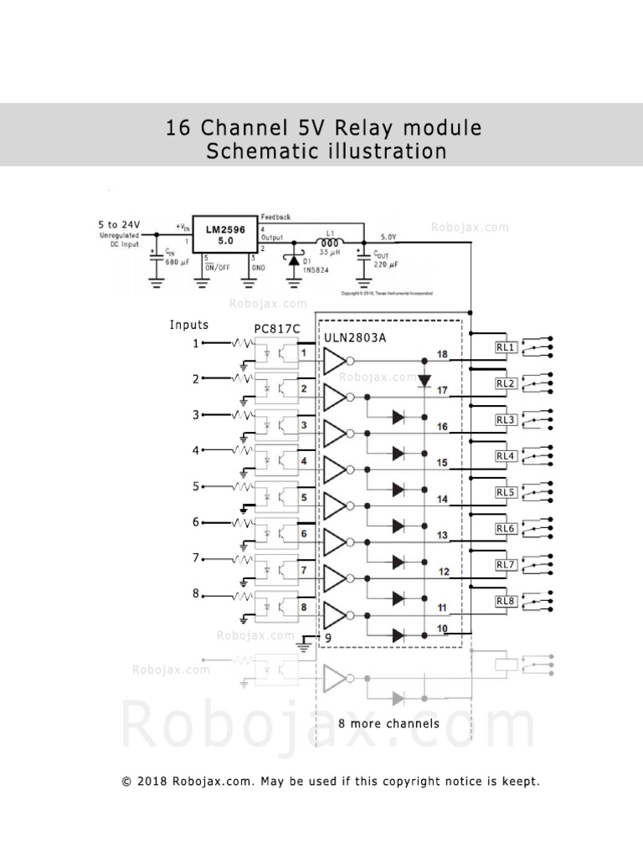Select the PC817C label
pyautogui.click(x=277, y=329)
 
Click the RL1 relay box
pyautogui.click(x=504, y=346)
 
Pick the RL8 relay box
pyautogui.click(x=504, y=601)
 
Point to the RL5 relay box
pyautogui.click(x=504, y=492)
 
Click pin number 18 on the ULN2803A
pyautogui.click(x=442, y=355)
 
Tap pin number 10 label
pyautogui.click(x=442, y=628)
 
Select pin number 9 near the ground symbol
pyautogui.click(x=328, y=639)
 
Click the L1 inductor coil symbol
pyautogui.click(x=329, y=242)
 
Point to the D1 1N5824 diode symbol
pyautogui.click(x=294, y=260)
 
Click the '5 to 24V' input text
pyautogui.click(x=119, y=224)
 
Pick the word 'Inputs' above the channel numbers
pyautogui.click(x=189, y=325)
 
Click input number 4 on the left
pyautogui.click(x=196, y=450)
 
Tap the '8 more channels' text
pyautogui.click(x=388, y=723)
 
